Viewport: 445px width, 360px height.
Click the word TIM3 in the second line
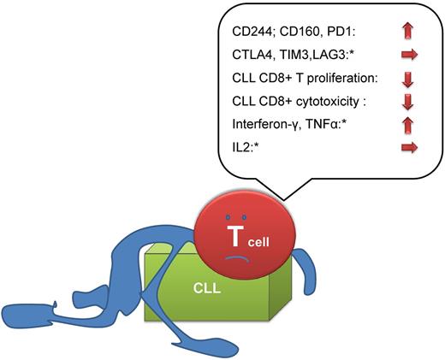(x=293, y=55)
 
